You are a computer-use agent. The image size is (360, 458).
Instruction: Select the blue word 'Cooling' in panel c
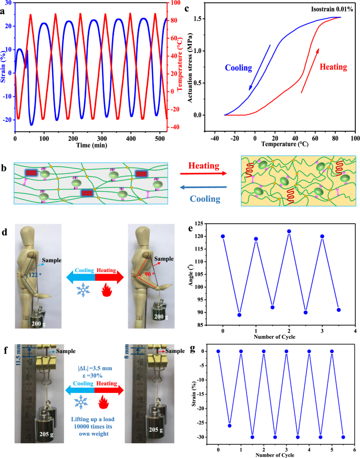coord(239,68)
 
